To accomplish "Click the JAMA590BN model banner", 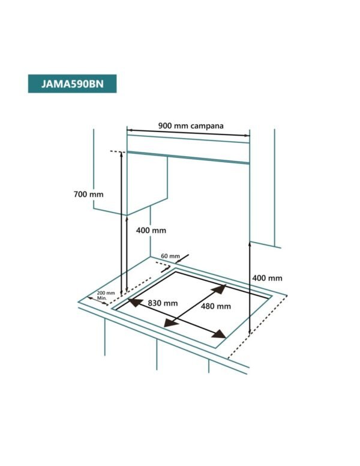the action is click(72, 84).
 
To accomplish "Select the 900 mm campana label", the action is click(191, 126).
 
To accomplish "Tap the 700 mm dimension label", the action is click(89, 195).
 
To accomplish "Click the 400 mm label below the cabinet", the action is click(151, 231).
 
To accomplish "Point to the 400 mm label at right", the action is click(268, 278).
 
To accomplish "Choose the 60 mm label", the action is click(170, 256).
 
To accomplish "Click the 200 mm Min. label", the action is click(106, 295).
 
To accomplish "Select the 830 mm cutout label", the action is click(163, 303).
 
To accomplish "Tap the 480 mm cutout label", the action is click(216, 306).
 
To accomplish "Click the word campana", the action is click(207, 126).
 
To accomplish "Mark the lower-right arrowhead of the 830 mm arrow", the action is click(219, 334).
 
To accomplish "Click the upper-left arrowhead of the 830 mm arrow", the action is click(135, 302).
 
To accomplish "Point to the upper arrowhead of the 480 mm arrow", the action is click(220, 289).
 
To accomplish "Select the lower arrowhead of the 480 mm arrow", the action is click(171, 322).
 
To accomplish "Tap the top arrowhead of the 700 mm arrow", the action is click(121, 154).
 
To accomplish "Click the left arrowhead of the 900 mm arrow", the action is click(129, 130).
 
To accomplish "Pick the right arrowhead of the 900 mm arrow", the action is click(247, 136).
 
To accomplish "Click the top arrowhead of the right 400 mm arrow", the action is click(250, 244).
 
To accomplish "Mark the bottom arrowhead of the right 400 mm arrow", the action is click(250, 331).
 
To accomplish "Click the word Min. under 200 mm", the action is click(101, 298).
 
